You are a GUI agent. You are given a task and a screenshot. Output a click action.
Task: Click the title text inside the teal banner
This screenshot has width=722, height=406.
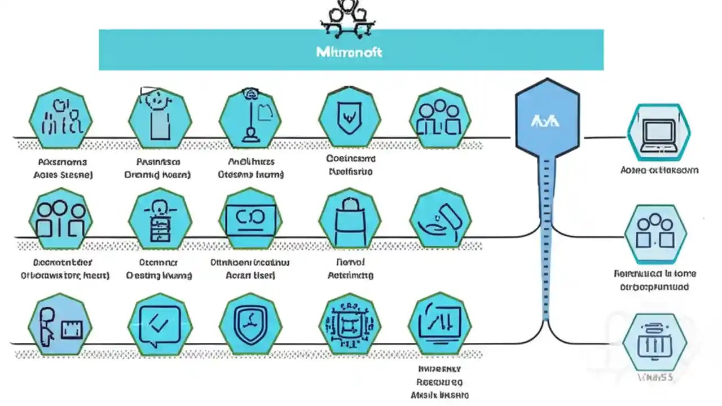point(350,52)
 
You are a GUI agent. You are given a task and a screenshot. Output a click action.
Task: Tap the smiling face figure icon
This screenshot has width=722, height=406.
point(160,116)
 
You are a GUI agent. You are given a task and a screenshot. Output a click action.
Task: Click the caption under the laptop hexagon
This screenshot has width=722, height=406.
point(659,170)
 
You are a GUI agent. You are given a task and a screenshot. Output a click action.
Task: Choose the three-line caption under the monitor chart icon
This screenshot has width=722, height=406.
point(439,382)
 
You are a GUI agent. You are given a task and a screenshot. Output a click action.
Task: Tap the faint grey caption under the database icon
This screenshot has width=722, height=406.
point(656,377)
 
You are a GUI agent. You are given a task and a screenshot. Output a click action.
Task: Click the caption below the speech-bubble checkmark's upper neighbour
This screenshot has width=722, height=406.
point(159,269)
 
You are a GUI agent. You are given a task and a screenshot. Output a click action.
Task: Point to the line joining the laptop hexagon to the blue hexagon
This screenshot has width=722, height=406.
point(604,137)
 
